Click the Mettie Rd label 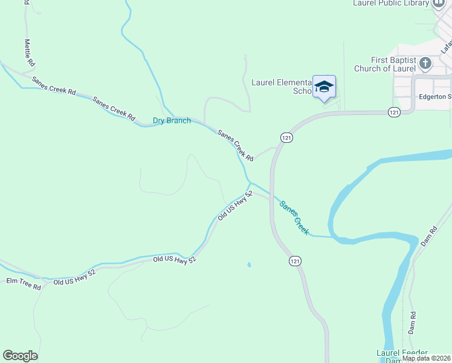tap(29, 53)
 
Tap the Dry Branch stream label tap(172, 120)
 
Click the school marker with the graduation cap tap(324, 87)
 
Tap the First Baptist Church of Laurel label tap(394, 64)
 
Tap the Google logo tap(20, 356)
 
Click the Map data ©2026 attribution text tap(427, 358)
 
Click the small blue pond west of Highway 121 tap(249, 264)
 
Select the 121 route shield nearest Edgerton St tap(394, 112)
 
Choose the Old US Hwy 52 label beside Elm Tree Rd tap(74, 278)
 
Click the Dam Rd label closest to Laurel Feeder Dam tap(413, 320)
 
